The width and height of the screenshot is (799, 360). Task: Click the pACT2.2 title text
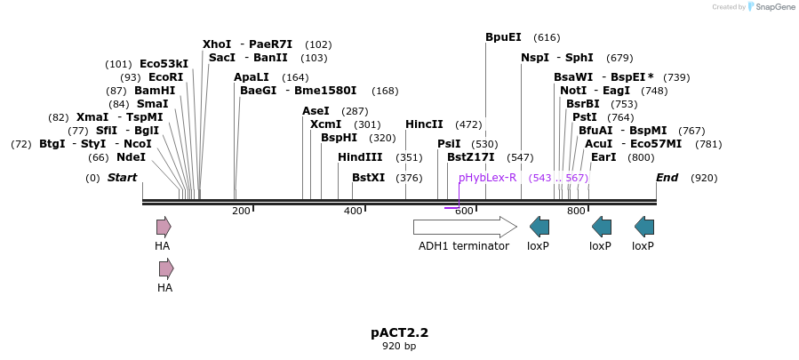[x=399, y=332]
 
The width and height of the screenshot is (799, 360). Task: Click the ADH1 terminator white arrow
[x=464, y=226]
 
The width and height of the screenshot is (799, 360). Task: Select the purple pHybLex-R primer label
[x=487, y=178]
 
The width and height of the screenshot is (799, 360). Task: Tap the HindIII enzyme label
[x=360, y=157]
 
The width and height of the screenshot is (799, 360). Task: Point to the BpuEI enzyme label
[x=503, y=37]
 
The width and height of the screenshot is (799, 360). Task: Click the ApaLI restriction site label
[x=252, y=77]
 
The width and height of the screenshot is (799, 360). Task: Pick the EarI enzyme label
[x=603, y=157]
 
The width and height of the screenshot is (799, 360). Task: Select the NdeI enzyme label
[x=131, y=157]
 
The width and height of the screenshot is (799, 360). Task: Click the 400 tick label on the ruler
[x=353, y=211]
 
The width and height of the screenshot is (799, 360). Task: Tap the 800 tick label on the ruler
[x=575, y=211]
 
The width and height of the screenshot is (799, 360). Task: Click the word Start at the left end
[x=123, y=178]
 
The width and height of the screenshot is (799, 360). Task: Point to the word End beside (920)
[x=667, y=178]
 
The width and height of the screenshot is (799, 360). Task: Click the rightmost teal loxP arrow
[x=644, y=226]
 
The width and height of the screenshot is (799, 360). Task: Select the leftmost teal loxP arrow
[x=539, y=226]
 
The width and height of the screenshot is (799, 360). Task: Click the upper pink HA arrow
[x=164, y=226]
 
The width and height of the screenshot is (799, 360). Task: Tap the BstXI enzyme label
[x=369, y=178]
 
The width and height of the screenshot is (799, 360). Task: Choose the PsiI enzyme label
[x=449, y=144]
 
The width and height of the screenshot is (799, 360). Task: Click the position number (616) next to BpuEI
[x=547, y=37]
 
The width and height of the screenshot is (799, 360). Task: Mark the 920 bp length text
[x=399, y=346]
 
